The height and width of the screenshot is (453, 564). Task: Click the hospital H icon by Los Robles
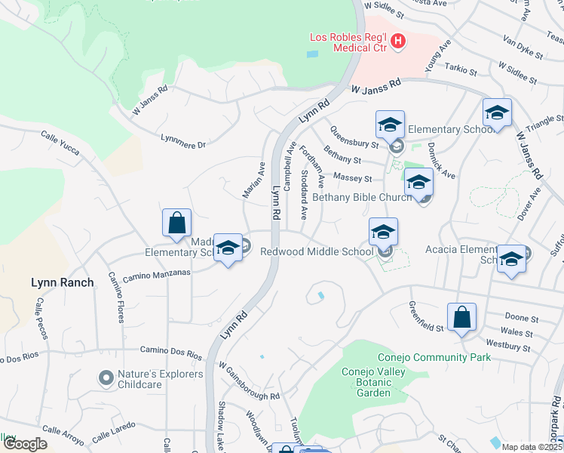pos(398,42)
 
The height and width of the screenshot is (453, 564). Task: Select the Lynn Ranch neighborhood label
pos(63,282)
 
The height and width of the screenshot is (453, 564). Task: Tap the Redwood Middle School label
pos(316,251)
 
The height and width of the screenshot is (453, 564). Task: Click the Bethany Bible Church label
pos(362,197)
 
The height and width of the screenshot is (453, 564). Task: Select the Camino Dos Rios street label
pos(172,352)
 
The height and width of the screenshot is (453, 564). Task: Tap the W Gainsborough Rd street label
pos(250,380)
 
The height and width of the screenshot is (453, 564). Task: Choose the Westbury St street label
pos(510,346)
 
